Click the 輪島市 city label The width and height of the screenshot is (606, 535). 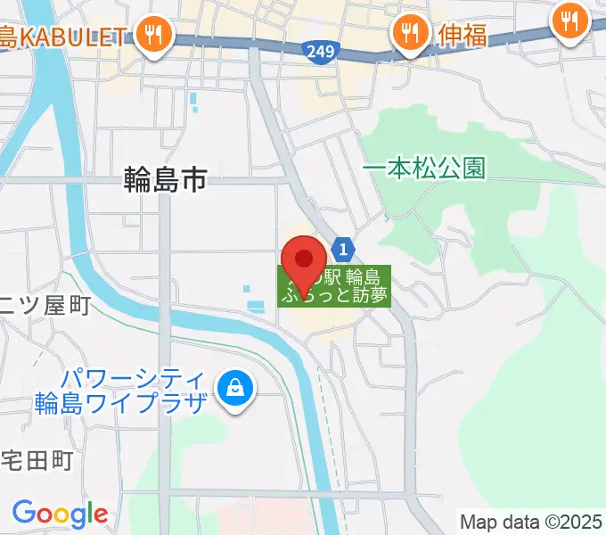(x=165, y=181)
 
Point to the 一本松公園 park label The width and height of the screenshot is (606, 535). (x=425, y=169)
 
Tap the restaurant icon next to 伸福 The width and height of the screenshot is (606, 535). (x=409, y=34)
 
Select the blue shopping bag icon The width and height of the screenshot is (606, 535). (x=233, y=388)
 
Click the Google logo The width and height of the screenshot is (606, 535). (x=60, y=514)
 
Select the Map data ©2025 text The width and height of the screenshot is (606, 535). (x=530, y=521)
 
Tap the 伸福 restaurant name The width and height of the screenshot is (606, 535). (x=462, y=35)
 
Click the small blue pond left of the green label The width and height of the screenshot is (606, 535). (x=255, y=307)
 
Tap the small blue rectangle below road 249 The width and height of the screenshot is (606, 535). (x=192, y=104)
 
